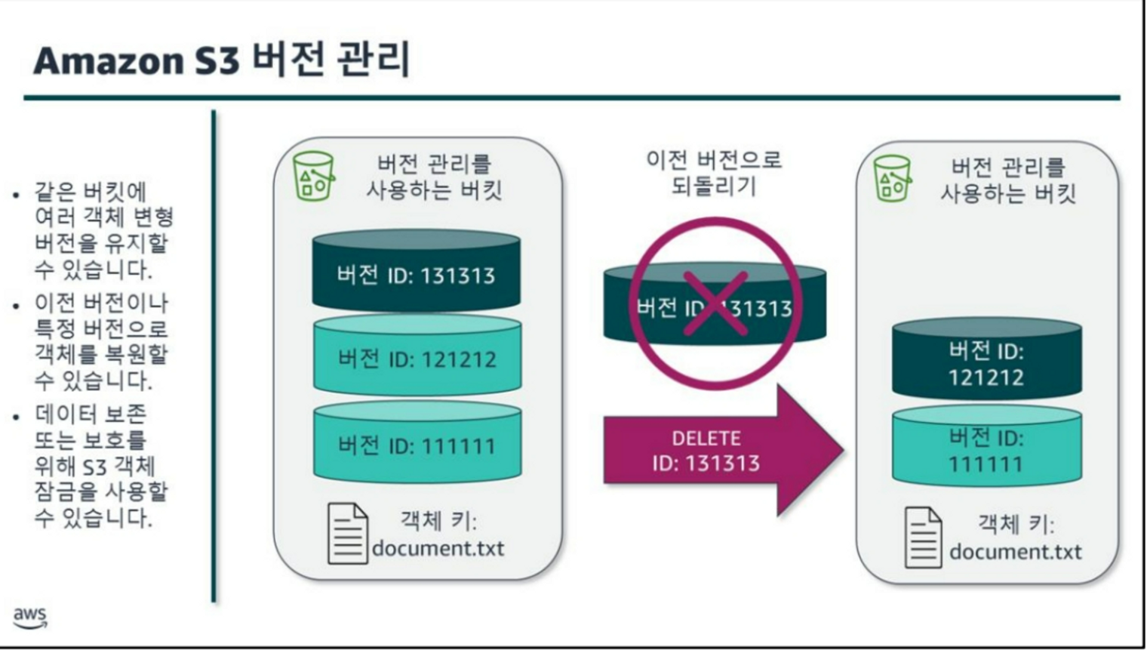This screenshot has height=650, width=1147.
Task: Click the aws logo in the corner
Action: (x=30, y=617)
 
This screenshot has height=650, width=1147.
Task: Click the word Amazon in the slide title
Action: (x=109, y=61)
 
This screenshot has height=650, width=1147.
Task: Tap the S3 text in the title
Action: (x=217, y=61)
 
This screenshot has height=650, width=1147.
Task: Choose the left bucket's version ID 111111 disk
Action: (x=417, y=444)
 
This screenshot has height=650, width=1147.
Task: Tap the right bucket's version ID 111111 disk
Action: (x=986, y=448)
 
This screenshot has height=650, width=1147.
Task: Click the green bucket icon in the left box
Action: (x=313, y=176)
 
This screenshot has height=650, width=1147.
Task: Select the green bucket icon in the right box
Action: (x=892, y=179)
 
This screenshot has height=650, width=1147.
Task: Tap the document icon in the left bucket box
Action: (x=347, y=534)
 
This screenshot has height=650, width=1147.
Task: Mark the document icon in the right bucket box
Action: (x=924, y=538)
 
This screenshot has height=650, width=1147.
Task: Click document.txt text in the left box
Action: (x=438, y=549)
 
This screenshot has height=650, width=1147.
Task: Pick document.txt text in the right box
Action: (x=1015, y=553)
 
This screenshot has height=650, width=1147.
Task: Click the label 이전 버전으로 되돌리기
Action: (x=714, y=173)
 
